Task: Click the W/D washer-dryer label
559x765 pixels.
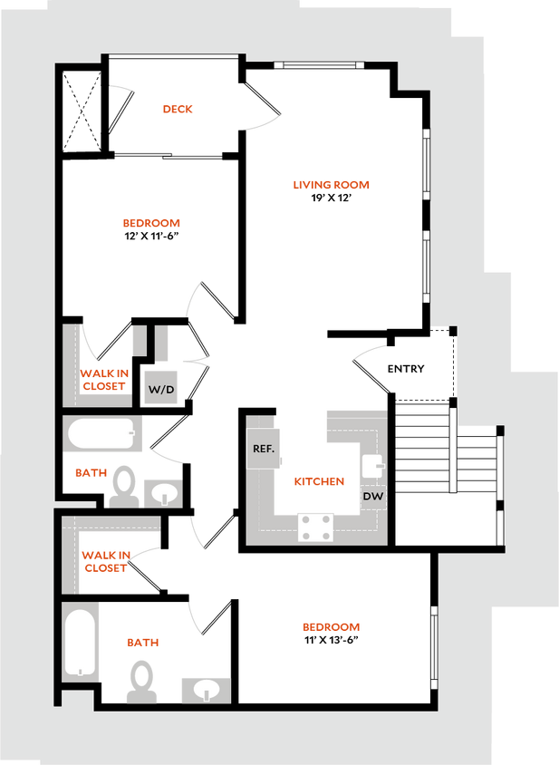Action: click(x=161, y=389)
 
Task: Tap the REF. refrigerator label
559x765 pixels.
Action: click(x=264, y=448)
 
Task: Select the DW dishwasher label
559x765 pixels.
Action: click(x=373, y=497)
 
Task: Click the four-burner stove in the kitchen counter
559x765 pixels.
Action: click(x=314, y=527)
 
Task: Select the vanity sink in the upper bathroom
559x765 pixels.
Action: click(x=163, y=493)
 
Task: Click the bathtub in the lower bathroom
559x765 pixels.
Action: click(x=81, y=642)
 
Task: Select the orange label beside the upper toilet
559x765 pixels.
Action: click(x=91, y=472)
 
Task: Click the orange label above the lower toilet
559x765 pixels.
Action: click(x=142, y=642)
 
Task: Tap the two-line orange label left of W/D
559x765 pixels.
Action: click(x=104, y=379)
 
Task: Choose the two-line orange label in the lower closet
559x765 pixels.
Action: click(x=106, y=561)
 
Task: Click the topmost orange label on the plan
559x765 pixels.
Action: click(x=178, y=110)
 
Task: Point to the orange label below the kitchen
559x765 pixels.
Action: click(x=331, y=626)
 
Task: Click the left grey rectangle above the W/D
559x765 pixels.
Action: click(x=139, y=341)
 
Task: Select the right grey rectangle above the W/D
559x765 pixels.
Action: click(x=162, y=341)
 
